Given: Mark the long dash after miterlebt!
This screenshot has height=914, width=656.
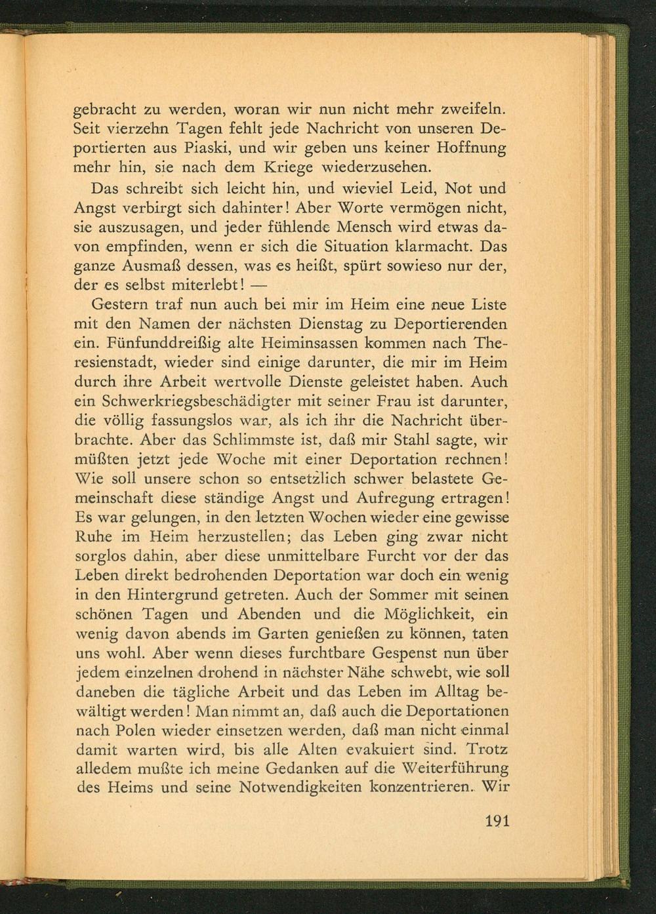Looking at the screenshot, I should point(260,287).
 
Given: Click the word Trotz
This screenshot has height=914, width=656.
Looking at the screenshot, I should point(486,749).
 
